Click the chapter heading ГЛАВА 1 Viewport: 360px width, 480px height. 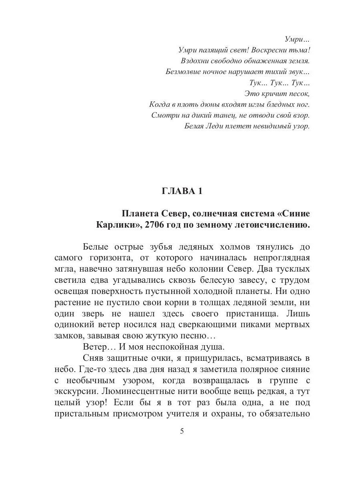click(x=182, y=191)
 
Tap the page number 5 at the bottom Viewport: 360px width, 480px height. click(x=182, y=431)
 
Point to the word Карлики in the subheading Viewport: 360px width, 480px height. click(x=115, y=225)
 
